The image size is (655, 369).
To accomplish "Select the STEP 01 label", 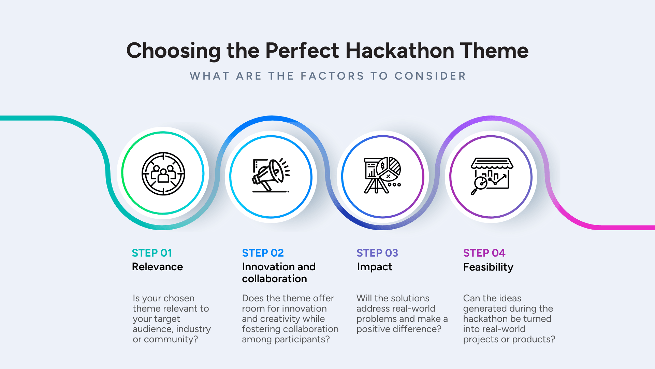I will (152, 253).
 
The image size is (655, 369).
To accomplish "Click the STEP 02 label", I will (263, 253).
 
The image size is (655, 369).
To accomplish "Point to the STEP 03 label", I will (377, 253).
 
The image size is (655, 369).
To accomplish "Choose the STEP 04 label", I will (484, 253).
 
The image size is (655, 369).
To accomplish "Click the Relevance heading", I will (157, 266).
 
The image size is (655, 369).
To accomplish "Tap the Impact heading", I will (375, 267).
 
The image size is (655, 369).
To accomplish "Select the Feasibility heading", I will (488, 267).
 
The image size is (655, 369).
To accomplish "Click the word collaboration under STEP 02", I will (274, 279).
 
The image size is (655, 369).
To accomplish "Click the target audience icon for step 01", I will (163, 174).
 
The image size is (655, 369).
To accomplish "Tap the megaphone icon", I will (271, 175).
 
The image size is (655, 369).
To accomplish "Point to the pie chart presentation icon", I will (382, 175).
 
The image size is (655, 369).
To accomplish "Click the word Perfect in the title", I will (302, 51).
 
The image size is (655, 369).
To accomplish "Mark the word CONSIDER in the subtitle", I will (430, 76).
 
